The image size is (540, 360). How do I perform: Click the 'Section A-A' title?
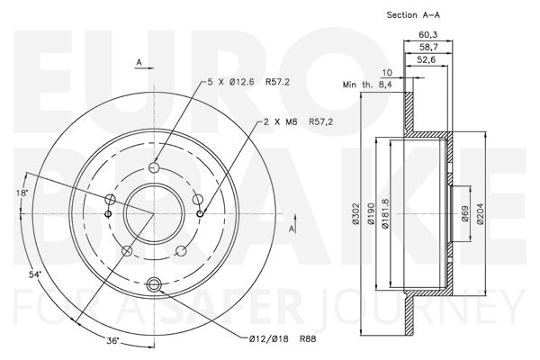(x=413, y=14)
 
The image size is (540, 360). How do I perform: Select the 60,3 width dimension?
(x=427, y=34)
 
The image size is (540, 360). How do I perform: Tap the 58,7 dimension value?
(x=427, y=47)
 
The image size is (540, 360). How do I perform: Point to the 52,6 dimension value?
(x=427, y=59)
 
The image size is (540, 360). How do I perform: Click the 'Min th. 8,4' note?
(x=367, y=85)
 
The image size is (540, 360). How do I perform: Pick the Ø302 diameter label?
(x=355, y=214)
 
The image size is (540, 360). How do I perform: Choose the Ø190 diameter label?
(x=371, y=214)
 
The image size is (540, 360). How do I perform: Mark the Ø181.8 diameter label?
(x=385, y=214)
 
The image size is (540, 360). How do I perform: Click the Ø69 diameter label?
(x=465, y=214)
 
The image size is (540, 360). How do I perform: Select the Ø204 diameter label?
(x=481, y=214)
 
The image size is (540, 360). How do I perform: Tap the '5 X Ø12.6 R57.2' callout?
(x=248, y=82)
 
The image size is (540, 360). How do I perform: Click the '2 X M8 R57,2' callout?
(x=298, y=121)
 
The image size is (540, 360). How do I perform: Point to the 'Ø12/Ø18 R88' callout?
(x=283, y=339)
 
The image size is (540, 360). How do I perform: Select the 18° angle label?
(x=22, y=193)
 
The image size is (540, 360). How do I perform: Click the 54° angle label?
(x=35, y=274)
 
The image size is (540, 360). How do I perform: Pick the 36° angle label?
(x=113, y=341)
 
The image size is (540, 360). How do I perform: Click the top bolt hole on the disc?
(x=154, y=167)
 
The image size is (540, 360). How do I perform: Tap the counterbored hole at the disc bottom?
(x=154, y=284)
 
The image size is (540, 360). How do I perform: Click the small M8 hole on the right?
(x=200, y=214)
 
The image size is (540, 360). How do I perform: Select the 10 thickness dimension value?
(x=387, y=73)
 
